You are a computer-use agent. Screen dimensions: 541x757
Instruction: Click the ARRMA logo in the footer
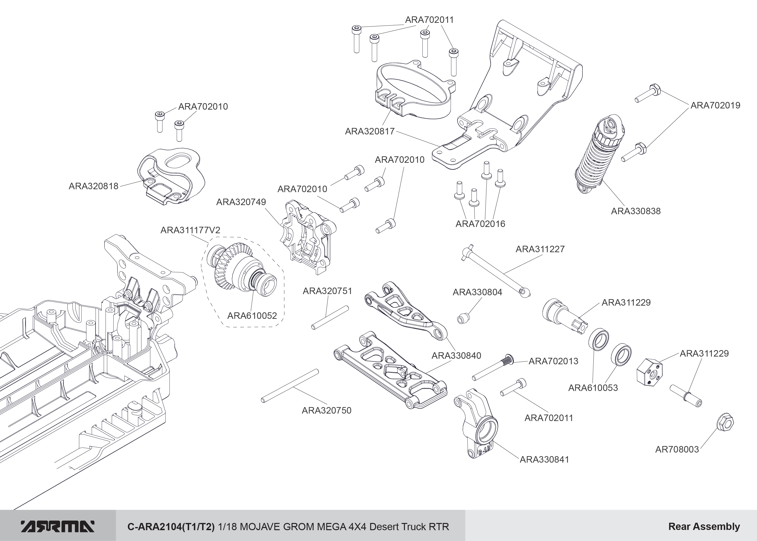58,526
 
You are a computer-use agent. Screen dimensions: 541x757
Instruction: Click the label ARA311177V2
190,230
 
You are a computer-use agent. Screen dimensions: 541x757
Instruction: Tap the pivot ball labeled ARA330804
464,318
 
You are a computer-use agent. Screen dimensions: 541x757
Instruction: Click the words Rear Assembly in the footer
704,526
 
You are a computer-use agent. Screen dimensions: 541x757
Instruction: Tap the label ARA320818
93,186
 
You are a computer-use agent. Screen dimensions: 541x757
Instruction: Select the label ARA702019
715,105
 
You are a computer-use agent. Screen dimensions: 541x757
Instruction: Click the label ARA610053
593,388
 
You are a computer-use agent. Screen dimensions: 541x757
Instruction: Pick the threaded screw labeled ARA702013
493,368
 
